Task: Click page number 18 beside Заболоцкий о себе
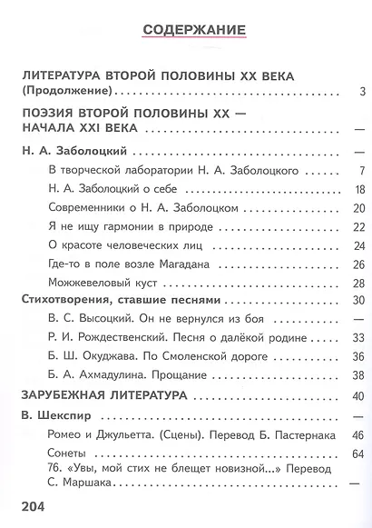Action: point(358,189)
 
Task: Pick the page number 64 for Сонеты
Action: point(357,453)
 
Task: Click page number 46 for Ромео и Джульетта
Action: point(357,435)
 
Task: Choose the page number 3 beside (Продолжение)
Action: point(360,91)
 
